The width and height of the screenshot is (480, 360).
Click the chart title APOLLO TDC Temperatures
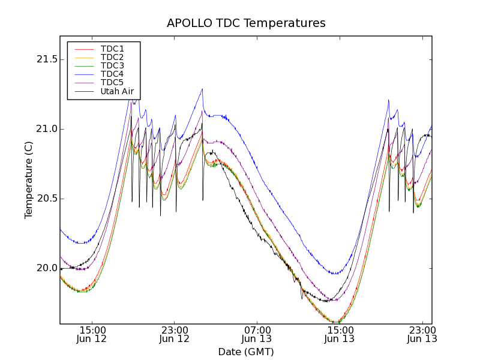[x=246, y=23]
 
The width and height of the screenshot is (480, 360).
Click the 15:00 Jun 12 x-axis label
[x=92, y=335]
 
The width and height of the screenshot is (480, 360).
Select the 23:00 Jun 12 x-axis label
[x=175, y=335]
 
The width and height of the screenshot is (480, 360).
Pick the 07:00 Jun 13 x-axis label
[x=257, y=335]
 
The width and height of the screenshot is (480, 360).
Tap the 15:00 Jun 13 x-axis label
[x=340, y=335]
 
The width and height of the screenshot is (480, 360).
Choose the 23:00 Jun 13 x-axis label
[x=422, y=335]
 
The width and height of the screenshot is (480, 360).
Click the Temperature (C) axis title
[x=29, y=179]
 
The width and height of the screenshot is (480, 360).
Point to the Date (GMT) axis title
[x=246, y=352]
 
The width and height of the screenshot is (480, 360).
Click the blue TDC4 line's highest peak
[x=202, y=89]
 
